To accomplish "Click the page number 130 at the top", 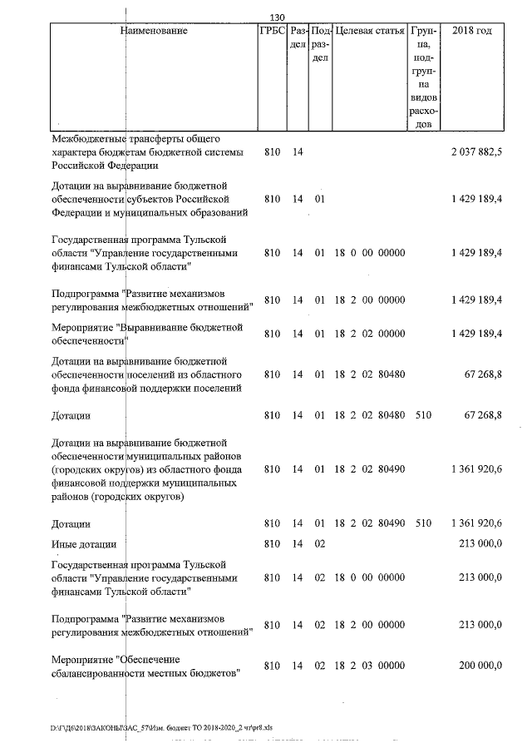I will tap(278, 17).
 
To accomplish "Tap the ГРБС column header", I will tap(272, 31).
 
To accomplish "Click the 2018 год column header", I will tap(471, 31).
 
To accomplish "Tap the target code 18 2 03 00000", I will tap(369, 666).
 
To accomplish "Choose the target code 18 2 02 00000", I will tap(369, 334).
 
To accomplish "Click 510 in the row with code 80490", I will tap(423, 523).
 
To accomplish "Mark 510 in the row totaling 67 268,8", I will tap(423, 414).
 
